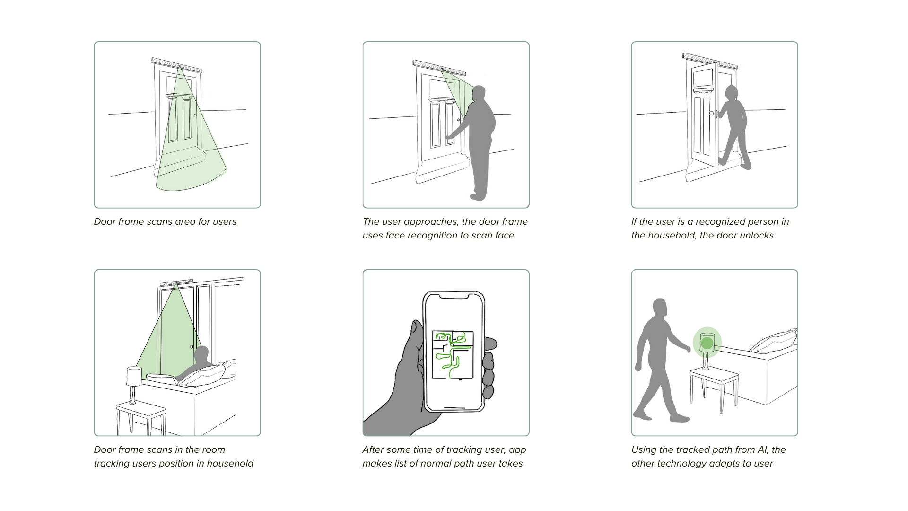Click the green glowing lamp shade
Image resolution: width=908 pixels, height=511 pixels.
[x=707, y=342]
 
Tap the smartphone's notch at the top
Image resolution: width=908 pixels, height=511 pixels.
[x=454, y=297]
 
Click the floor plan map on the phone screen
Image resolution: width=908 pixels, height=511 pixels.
[x=453, y=355]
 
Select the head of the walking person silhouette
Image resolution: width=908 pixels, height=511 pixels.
[x=660, y=308]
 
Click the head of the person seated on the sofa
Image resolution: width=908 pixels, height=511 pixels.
[x=202, y=353]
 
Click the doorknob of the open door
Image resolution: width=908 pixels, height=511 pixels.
[x=711, y=114]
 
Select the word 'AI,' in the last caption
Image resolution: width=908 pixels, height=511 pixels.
[x=760, y=450]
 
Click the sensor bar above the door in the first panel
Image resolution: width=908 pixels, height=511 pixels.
[x=176, y=65]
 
